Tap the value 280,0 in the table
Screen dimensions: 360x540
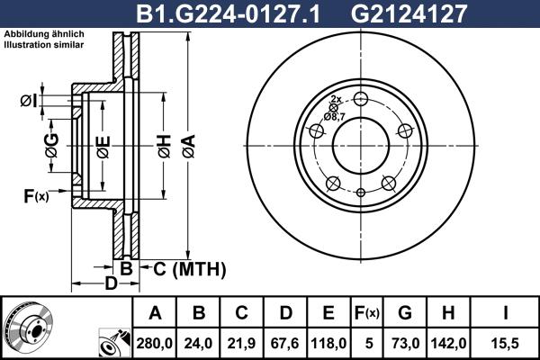point(156,342)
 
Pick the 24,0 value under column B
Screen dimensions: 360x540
point(200,342)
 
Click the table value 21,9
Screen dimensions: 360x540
point(243,342)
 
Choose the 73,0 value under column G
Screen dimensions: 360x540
point(404,342)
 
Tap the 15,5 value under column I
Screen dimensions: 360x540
point(508,342)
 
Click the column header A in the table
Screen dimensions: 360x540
point(156,313)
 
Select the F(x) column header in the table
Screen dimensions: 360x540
point(367,313)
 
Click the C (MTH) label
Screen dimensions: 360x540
point(184,269)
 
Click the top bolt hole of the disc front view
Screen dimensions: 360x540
point(361,99)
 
